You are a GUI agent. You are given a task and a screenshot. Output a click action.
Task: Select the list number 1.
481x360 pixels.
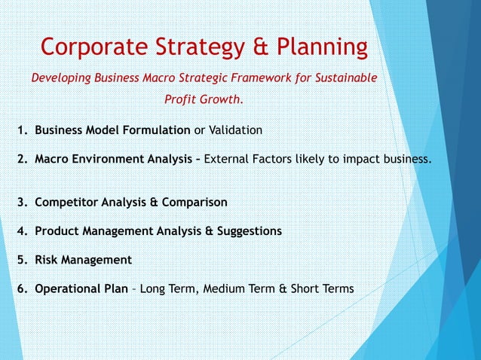point(22,130)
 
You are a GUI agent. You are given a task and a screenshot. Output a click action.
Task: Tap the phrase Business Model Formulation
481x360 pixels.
point(112,130)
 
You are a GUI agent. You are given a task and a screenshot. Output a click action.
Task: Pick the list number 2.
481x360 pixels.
point(22,159)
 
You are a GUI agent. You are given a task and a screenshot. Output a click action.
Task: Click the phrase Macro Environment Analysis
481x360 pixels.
point(113,159)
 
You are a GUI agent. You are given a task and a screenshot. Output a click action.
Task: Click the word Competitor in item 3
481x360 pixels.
point(68,203)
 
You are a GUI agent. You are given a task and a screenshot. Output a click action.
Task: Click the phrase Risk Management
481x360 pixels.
point(83,260)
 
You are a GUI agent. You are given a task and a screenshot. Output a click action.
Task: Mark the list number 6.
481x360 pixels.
point(22,288)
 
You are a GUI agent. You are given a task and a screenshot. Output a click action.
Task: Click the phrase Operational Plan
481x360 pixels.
point(81,288)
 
